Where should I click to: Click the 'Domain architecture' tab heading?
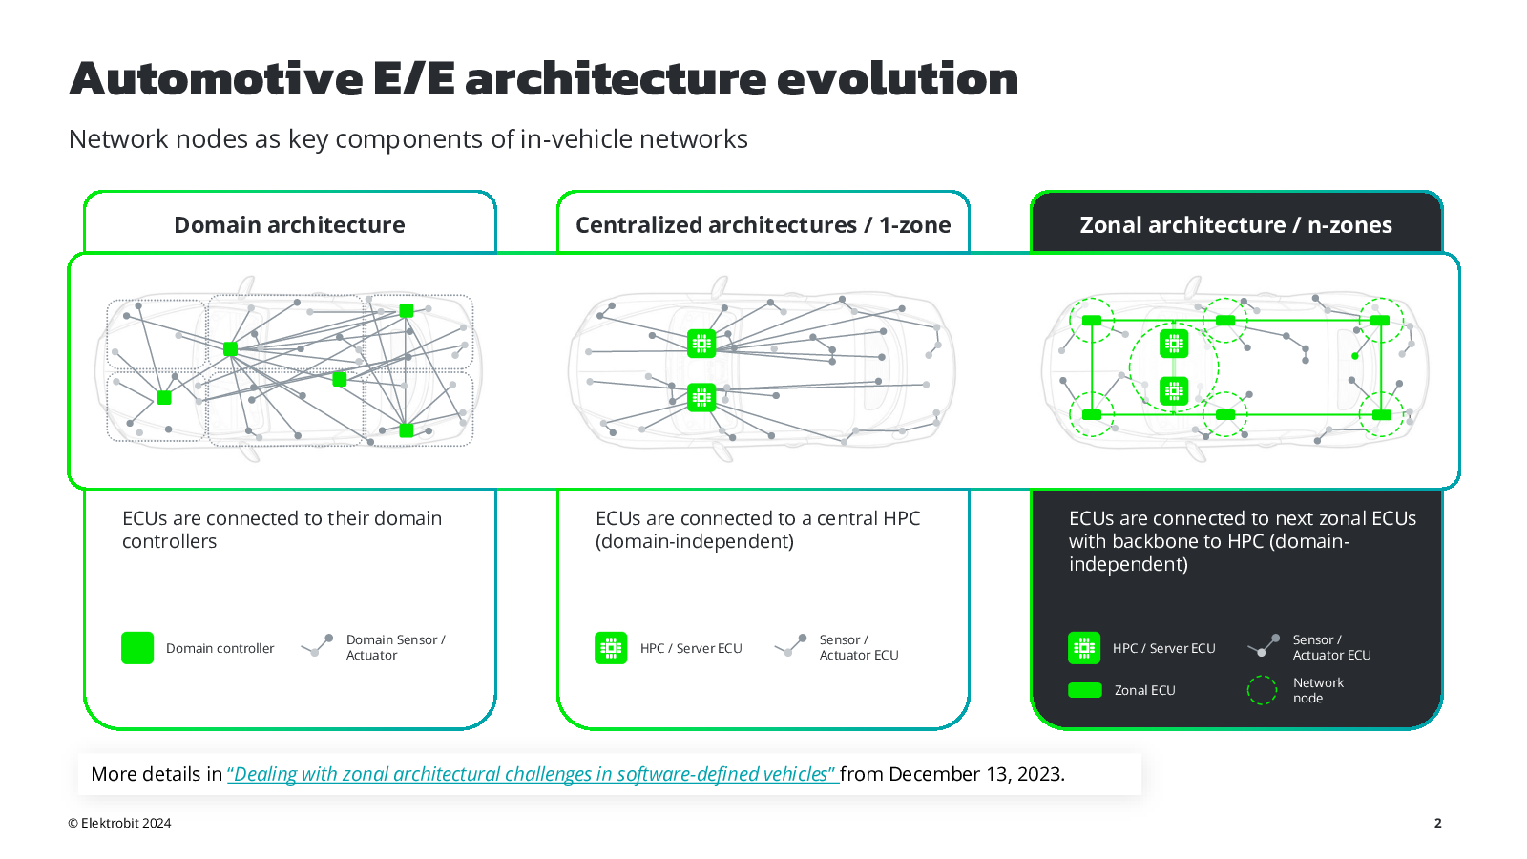pos(289,225)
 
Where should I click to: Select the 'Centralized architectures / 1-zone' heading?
pos(763,225)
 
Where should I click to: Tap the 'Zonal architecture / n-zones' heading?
pos(1236,225)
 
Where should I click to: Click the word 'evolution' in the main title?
pos(897,79)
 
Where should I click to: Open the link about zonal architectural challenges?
pos(533,774)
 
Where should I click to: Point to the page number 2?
pos(1437,823)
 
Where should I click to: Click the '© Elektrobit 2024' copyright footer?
pos(119,823)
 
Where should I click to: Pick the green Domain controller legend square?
pos(137,648)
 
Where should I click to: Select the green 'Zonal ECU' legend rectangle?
pos(1084,690)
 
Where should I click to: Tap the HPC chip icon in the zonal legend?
pos(1084,648)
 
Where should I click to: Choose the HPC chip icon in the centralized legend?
pos(611,648)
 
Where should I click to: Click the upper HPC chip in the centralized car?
pos(701,344)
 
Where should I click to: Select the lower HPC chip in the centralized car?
pos(701,397)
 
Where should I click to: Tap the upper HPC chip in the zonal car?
pos(1174,345)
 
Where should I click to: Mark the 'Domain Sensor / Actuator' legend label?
pos(395,648)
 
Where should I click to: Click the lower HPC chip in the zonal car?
pos(1174,391)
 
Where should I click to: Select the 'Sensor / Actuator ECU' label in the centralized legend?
pos(859,648)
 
